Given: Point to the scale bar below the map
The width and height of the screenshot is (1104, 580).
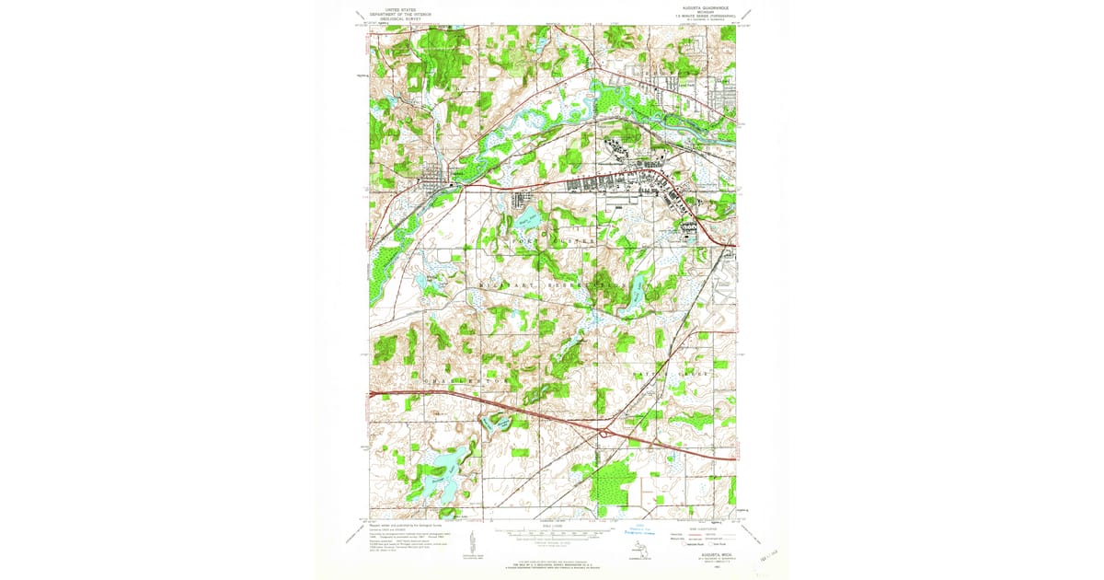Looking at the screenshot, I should (x=552, y=532).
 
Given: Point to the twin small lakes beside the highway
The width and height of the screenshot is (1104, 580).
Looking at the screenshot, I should (x=497, y=422).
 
